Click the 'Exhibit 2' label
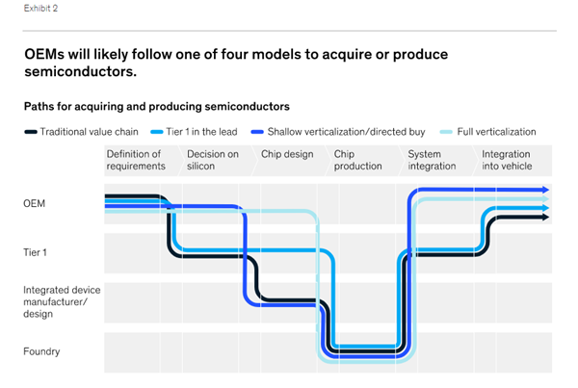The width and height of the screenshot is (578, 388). [x=40, y=8]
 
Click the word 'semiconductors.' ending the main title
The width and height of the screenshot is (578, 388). [x=80, y=71]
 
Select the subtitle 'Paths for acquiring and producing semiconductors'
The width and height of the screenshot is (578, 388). [x=157, y=107]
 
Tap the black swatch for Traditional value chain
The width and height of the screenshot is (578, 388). [x=31, y=132]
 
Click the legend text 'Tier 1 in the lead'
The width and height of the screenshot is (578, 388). [x=201, y=132]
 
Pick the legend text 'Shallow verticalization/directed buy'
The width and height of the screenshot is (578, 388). [x=346, y=132]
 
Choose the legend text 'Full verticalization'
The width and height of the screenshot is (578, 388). [x=496, y=132]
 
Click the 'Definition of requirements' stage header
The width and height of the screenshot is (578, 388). [x=136, y=160]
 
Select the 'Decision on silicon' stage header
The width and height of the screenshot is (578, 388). [x=213, y=160]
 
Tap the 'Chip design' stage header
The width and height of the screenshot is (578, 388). [x=287, y=154]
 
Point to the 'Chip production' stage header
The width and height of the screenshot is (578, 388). [x=357, y=160]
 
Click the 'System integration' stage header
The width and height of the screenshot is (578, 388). [x=432, y=160]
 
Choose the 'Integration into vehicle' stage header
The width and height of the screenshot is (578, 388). [x=507, y=160]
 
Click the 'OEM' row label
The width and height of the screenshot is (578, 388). [x=35, y=203]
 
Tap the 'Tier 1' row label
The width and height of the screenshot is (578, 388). [x=35, y=252]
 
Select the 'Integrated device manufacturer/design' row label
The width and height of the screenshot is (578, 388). [x=62, y=301]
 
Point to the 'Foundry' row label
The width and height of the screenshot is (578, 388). [x=41, y=351]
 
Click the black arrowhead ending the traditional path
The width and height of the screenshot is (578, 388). [x=545, y=218]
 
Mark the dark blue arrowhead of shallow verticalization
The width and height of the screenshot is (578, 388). [x=545, y=190]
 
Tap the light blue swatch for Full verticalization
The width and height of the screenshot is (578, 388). [x=446, y=132]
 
